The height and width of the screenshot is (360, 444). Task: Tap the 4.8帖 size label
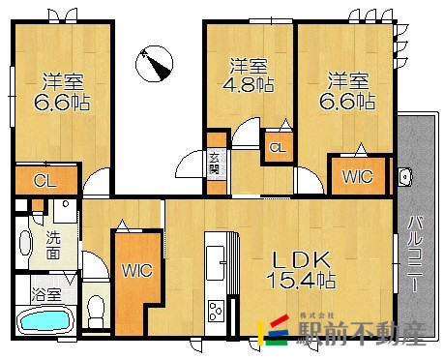[x=250, y=85]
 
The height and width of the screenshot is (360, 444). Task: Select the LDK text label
[x=301, y=259]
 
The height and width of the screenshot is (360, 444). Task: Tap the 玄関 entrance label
[x=214, y=163]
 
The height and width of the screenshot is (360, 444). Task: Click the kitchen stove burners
[x=215, y=312]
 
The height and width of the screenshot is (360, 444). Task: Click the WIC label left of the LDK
[x=135, y=272]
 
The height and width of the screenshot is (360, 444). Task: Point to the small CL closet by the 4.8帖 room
[x=278, y=148]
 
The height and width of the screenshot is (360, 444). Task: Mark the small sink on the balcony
[x=405, y=176]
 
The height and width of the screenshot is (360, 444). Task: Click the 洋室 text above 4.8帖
[x=249, y=66]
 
